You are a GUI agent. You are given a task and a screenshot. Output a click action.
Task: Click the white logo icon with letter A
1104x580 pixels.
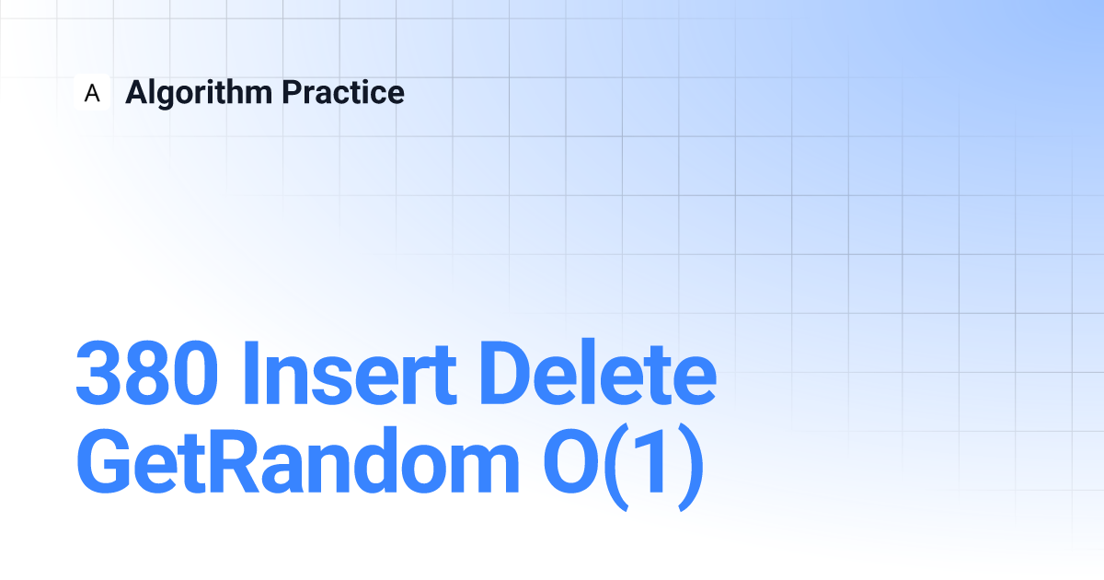pos(92,92)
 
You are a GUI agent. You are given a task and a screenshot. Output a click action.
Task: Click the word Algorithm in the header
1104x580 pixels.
pos(199,93)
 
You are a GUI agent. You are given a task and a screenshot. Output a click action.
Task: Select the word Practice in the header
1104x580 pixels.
pos(343,92)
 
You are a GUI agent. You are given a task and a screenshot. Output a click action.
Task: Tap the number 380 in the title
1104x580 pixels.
pos(147,372)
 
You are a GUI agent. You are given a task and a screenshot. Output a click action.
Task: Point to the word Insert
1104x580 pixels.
pos(350,372)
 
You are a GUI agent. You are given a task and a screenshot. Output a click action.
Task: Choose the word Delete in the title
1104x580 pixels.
pos(598,371)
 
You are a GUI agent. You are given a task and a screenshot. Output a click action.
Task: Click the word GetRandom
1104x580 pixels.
pos(298,459)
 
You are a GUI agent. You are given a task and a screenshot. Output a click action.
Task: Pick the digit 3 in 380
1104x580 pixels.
pos(99,372)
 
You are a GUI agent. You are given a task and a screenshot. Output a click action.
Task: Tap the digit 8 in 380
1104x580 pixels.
pos(147,372)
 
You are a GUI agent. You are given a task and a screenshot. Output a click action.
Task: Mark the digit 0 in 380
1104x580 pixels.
pos(195,372)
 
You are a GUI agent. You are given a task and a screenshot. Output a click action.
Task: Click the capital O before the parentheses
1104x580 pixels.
pos(570,460)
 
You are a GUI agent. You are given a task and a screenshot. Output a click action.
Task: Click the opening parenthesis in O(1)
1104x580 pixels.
pos(616,466)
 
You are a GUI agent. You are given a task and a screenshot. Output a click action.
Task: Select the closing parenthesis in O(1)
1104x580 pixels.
pos(691,466)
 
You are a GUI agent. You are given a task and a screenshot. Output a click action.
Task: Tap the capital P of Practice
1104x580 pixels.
pos(293,92)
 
